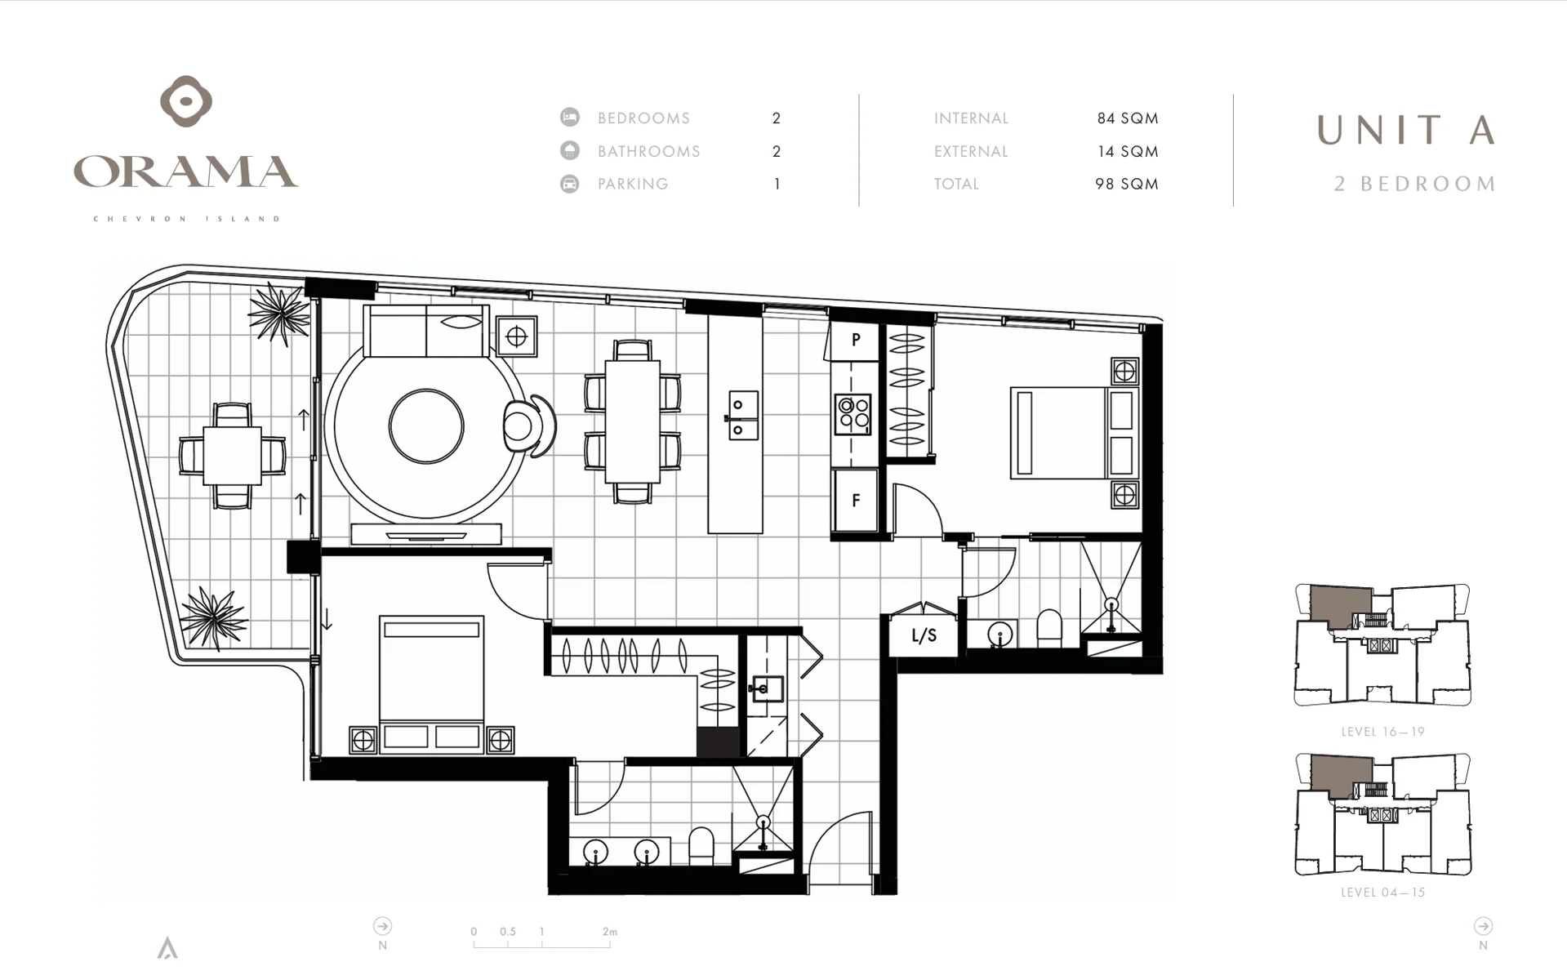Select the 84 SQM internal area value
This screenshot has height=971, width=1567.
coord(1127,118)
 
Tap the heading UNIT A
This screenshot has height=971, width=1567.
coord(1406,131)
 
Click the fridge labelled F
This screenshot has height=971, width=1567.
coord(855,500)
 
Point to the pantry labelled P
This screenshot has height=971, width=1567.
coord(855,340)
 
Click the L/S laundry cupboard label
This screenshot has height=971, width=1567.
coord(924,635)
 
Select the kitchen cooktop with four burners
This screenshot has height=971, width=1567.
coord(853,414)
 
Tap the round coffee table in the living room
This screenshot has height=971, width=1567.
coord(426,426)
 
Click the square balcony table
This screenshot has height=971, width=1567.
coord(232,455)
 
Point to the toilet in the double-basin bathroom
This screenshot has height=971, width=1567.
coord(701,846)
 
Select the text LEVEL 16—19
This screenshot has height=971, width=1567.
coord(1382,732)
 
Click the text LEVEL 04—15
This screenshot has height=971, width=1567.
coord(1382,893)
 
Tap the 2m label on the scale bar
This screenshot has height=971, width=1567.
coord(610,932)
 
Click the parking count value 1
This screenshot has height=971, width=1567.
coord(777,185)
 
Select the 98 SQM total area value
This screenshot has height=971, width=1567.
coord(1127,185)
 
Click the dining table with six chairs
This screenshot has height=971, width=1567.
coord(633,421)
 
